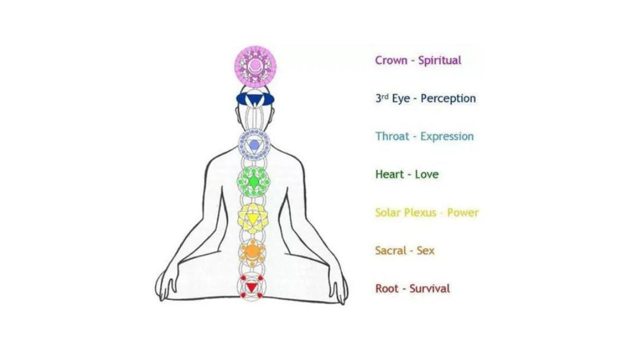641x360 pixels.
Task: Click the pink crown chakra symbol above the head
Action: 254,64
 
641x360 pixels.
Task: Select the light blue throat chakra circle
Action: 254,145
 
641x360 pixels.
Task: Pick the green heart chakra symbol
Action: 253,180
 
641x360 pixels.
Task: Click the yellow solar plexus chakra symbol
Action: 252,218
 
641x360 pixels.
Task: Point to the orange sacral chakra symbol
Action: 252,251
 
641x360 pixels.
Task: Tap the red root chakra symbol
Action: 252,286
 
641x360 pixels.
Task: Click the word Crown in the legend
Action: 391,60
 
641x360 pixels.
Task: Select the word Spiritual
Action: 439,60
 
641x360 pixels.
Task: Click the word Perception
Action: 448,98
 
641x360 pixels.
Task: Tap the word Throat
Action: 392,136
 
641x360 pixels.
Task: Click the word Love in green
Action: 426,174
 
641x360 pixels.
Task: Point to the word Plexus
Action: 420,212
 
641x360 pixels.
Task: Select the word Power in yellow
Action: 463,212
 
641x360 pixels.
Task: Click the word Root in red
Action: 387,289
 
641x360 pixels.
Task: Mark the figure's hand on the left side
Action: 168,283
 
